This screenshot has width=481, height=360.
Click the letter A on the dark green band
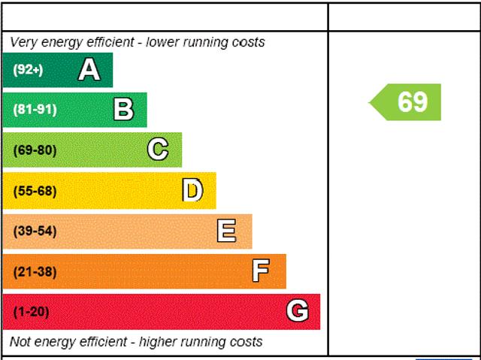click(89, 70)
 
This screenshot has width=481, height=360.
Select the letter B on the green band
click(123, 110)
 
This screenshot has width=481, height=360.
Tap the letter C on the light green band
click(158, 150)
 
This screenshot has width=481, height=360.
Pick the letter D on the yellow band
click(192, 191)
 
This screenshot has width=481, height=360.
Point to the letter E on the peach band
click(226, 231)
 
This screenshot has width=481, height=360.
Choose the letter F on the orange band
click(261, 271)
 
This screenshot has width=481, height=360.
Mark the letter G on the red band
click(297, 311)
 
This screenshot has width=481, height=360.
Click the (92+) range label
click(28, 70)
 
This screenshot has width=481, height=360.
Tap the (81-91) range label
click(35, 110)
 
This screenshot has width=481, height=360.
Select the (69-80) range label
click(35, 150)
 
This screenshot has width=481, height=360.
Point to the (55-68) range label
click(35, 191)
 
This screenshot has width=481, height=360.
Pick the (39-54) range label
click(35, 231)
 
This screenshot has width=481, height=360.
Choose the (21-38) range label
click(35, 271)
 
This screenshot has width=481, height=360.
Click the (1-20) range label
click(31, 311)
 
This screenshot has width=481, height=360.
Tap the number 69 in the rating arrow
click(413, 102)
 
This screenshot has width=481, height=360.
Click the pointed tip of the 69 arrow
click(371, 102)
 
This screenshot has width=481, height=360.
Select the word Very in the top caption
click(24, 42)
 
